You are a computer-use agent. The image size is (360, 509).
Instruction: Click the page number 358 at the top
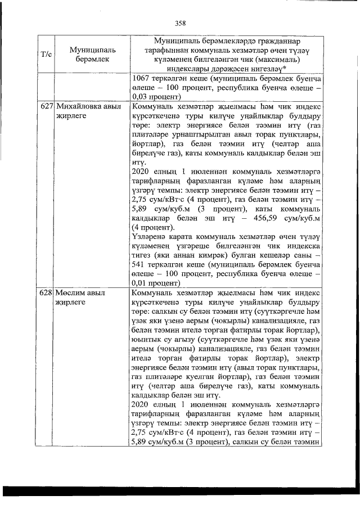(180, 23)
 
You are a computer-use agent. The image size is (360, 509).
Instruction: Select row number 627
(46, 106)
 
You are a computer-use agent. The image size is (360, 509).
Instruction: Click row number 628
(46, 294)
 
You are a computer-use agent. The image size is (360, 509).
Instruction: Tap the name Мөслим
(69, 294)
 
